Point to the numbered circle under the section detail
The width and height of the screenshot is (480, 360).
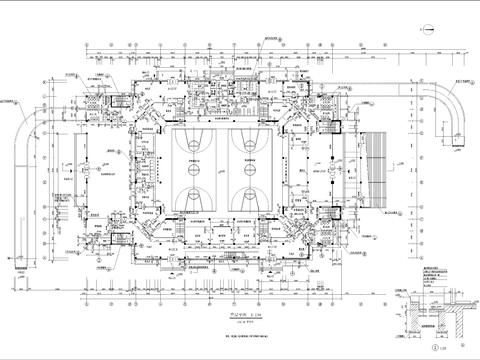click(x=433, y=349)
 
